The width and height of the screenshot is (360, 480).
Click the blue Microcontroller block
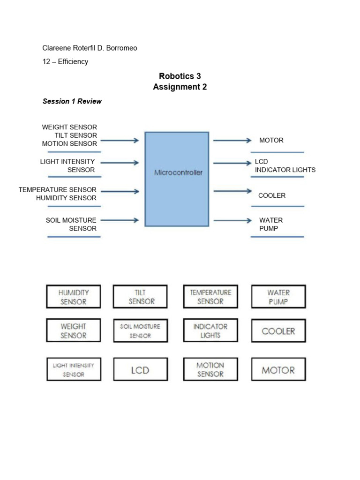[x=177, y=179]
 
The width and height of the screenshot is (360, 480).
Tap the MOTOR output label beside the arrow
[x=271, y=140]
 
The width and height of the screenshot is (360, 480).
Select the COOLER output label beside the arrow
[x=271, y=195]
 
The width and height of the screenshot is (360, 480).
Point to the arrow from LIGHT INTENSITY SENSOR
[x=120, y=163]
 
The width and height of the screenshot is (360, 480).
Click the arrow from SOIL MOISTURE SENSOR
[x=120, y=220]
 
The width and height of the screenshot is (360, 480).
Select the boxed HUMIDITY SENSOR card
[x=74, y=297]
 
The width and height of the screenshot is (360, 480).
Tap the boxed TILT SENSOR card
[x=140, y=297]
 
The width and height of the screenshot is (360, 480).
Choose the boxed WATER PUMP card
[x=278, y=297]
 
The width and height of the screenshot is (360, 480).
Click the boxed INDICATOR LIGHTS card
[x=210, y=330]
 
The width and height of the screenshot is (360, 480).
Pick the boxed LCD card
[x=140, y=370]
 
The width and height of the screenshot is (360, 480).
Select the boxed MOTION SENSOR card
[x=210, y=369]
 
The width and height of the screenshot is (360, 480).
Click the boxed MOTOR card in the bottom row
[x=278, y=370]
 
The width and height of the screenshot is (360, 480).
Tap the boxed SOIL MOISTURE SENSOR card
[x=140, y=330]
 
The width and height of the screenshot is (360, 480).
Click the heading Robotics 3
[x=180, y=76]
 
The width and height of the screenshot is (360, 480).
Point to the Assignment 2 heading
[x=180, y=87]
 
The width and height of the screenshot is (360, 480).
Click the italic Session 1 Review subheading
[x=72, y=101]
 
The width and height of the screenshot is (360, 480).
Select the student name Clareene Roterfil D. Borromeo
[x=90, y=48]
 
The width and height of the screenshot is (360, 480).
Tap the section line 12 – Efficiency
[x=65, y=61]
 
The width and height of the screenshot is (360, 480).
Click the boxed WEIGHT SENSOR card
[x=74, y=330]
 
